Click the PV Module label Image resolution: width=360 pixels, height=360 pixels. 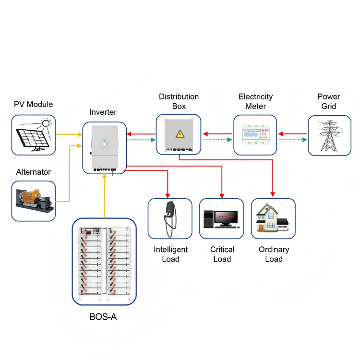point(33,104)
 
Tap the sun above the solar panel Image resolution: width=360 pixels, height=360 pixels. point(46,123)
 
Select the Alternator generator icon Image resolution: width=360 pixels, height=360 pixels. point(33,201)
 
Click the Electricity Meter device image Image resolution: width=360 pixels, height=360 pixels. point(255,135)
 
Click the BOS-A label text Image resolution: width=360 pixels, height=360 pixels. point(103,317)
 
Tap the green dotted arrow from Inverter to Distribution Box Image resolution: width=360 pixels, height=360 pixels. point(142,140)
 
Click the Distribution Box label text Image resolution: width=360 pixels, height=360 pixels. point(179,101)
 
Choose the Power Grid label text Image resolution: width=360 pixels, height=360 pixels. point(329,101)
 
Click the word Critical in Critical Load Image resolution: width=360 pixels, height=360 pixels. point(222,250)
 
